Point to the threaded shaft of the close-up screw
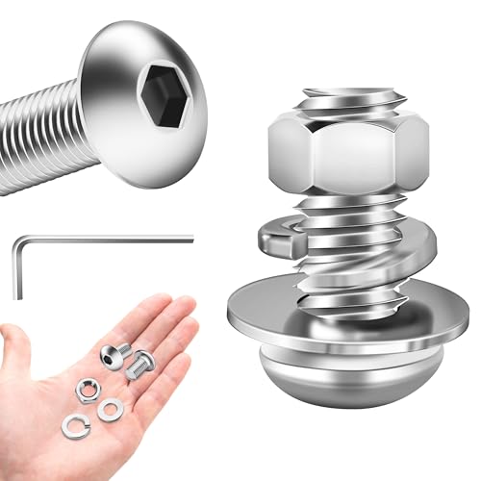click(x=43, y=135)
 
